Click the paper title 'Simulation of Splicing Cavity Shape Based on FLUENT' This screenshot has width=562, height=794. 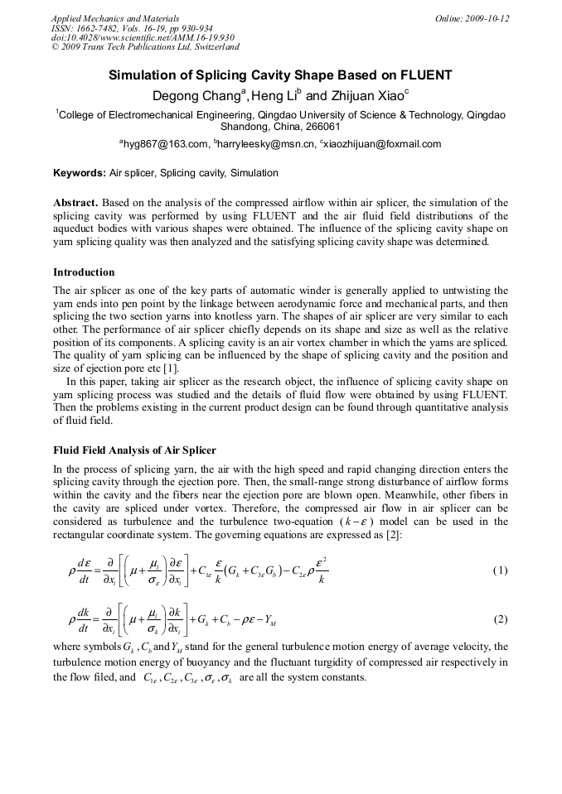280,75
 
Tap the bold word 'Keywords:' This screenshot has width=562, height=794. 80,173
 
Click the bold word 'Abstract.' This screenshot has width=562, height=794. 77,203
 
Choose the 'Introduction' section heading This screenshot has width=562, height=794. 84,272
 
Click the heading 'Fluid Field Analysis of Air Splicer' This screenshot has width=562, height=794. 134,450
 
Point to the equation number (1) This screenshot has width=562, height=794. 500,570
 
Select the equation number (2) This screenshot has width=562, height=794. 500,619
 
